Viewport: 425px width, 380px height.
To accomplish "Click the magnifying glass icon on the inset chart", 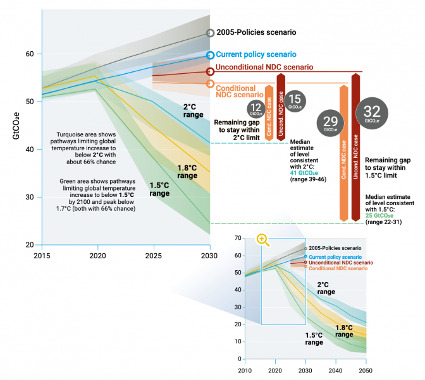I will (x=263, y=239).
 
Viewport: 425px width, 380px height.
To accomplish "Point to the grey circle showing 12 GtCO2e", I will (x=256, y=109).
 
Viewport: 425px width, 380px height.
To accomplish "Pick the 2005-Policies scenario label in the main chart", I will (x=256, y=32).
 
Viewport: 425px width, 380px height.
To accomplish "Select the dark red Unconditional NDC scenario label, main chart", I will (x=264, y=67).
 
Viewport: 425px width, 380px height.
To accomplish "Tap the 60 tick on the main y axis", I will (x=29, y=54).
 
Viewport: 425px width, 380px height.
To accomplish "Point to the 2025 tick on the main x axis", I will (x=153, y=256).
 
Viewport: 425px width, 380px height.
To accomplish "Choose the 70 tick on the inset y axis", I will (x=238, y=238).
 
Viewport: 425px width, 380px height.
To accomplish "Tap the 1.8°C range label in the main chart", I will (x=188, y=171).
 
